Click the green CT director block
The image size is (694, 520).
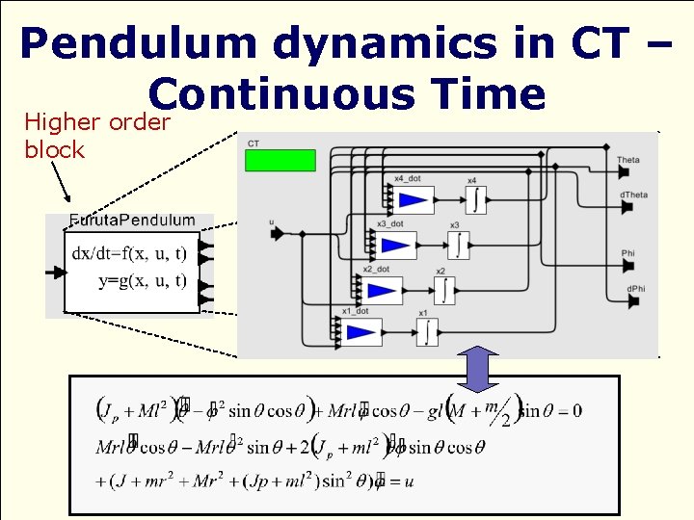point(280,160)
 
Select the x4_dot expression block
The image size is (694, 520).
point(414,199)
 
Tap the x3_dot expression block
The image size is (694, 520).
point(396,245)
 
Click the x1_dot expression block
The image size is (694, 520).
point(361,332)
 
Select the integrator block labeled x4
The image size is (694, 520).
point(475,199)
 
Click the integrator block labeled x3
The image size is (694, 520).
point(459,245)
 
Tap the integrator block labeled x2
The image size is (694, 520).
point(443,289)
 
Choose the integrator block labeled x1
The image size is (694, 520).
point(427,332)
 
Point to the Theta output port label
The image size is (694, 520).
point(628,160)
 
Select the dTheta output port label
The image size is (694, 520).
point(633,195)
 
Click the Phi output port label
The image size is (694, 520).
point(627,254)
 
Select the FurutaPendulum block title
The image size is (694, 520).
point(132,220)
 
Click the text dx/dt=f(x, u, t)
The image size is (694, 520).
point(131,255)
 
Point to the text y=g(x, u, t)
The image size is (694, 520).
point(143,281)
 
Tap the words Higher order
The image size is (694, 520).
point(97,122)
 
